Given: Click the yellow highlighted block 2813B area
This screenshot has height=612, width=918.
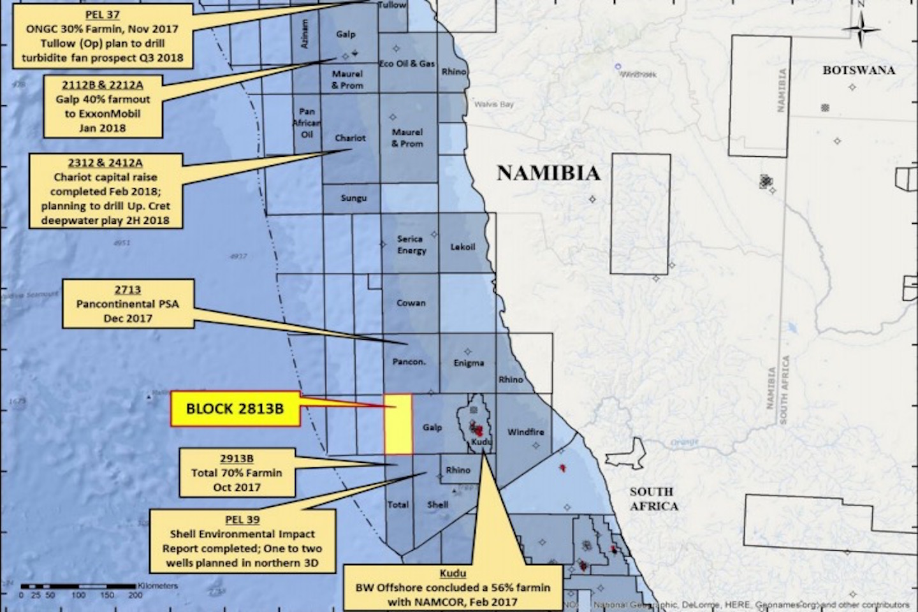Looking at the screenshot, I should [x=398, y=425].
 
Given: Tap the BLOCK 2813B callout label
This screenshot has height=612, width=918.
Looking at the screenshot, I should [x=235, y=409].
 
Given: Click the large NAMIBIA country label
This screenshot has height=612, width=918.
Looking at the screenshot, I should [x=548, y=173].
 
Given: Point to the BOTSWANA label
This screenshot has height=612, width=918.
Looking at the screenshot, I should [x=858, y=70].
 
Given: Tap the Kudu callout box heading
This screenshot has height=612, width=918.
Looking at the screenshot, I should [x=453, y=573].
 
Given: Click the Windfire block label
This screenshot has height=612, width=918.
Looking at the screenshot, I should [x=525, y=432].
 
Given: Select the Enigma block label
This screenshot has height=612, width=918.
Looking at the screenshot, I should [x=469, y=363].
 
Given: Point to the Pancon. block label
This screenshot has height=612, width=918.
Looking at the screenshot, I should [x=409, y=362].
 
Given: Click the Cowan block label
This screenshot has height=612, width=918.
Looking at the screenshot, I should [x=411, y=303].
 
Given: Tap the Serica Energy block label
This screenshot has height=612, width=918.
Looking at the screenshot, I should [x=411, y=245].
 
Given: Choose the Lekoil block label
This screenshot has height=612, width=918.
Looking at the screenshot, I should [x=463, y=247].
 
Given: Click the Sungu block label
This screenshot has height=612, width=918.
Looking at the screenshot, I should [x=353, y=198].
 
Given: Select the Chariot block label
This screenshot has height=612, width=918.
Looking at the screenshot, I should [x=350, y=138].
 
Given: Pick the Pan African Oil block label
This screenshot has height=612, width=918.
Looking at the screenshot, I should [x=307, y=122].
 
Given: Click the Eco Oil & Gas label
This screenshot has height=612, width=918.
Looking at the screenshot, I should [x=407, y=64].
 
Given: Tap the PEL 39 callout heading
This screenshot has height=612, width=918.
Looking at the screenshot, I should [x=242, y=520].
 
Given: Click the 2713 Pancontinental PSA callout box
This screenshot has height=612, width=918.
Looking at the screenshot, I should [x=127, y=304].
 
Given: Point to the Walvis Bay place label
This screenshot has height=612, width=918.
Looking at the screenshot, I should [x=495, y=104].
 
